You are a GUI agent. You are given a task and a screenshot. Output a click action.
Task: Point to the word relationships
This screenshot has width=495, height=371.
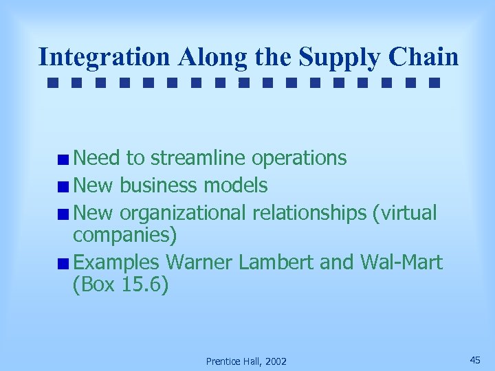click(x=309, y=213)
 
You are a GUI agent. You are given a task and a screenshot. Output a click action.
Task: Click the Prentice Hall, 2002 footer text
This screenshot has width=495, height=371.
click(x=247, y=361)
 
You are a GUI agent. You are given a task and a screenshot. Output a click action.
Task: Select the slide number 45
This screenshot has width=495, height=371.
click(x=475, y=360)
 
